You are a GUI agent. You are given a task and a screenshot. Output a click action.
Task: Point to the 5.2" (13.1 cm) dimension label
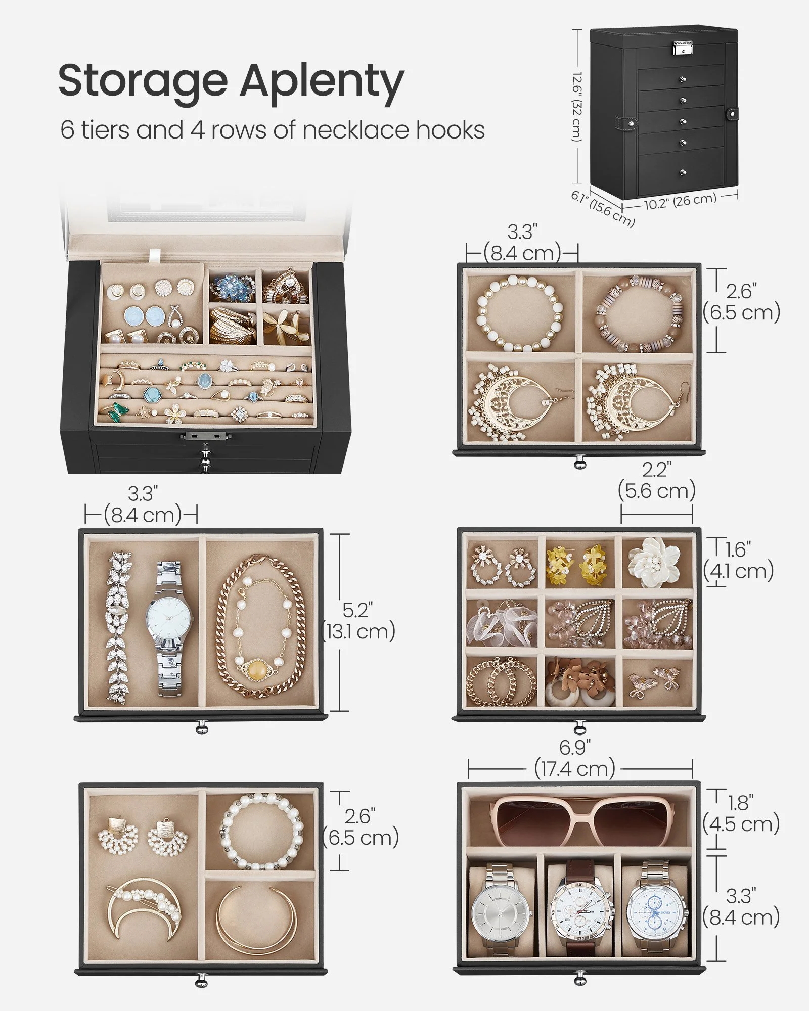click(358, 621)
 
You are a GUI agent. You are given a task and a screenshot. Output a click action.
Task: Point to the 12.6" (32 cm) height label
click(578, 106)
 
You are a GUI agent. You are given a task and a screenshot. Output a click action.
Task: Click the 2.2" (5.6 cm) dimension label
click(656, 481)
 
